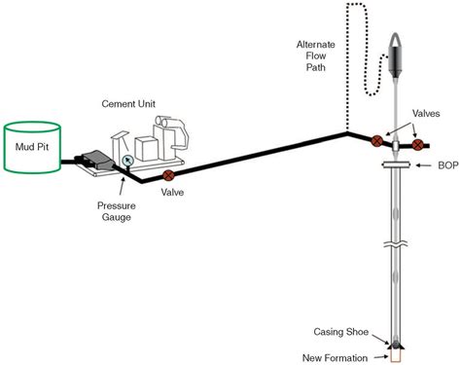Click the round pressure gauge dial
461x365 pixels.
pos(124,161)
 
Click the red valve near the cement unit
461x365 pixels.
pos(168,176)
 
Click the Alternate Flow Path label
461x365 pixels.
pos(319,56)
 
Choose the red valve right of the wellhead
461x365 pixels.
pos(418,146)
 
